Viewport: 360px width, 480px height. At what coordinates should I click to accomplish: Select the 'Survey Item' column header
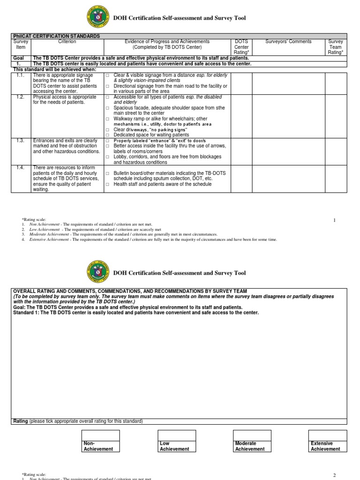tap(21, 44)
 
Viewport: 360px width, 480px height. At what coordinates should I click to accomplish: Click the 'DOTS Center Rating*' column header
tap(241, 47)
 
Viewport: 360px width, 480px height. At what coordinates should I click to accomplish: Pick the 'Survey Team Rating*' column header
tap(336, 47)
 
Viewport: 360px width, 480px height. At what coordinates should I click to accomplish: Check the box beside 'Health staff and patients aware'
tap(107, 185)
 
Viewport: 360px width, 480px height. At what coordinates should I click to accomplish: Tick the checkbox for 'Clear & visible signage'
tap(107, 75)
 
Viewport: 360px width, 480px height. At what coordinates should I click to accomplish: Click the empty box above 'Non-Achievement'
tap(100, 435)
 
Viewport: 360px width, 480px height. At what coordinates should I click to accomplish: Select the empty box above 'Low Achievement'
tap(177, 435)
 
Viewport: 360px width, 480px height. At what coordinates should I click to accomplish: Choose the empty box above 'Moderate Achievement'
tap(253, 435)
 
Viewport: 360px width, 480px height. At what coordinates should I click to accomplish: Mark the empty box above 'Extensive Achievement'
tap(328, 435)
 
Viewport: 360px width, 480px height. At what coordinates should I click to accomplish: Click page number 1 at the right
tap(334, 220)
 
